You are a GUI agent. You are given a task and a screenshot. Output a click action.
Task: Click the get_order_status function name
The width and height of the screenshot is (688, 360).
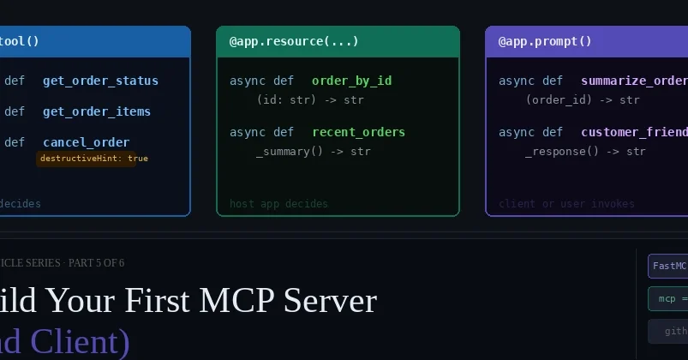(x=100, y=81)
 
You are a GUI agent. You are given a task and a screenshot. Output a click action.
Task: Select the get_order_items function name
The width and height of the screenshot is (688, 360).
(x=96, y=111)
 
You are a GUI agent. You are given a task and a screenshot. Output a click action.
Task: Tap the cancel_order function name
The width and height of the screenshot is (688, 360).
(x=86, y=142)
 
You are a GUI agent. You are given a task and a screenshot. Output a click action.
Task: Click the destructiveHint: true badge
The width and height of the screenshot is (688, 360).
(x=93, y=159)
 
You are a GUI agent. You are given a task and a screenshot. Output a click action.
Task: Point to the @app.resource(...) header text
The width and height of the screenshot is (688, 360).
(x=294, y=41)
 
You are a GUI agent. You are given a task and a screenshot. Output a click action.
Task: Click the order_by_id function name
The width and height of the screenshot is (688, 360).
(x=351, y=81)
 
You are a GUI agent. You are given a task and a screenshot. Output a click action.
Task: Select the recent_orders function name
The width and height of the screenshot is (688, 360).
(x=358, y=132)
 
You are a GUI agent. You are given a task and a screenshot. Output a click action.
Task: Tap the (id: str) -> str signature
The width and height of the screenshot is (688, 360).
(x=310, y=99)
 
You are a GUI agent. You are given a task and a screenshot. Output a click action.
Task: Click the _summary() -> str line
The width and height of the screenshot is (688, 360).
(x=313, y=151)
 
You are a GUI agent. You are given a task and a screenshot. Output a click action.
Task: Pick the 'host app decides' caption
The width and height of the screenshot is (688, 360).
(x=278, y=204)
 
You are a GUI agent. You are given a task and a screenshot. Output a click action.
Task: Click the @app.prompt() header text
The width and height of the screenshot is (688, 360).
(x=545, y=41)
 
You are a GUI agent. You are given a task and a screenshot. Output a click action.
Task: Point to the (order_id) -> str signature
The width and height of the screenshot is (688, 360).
(x=583, y=99)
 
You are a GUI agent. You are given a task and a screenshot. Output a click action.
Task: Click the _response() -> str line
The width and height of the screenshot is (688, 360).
(x=585, y=151)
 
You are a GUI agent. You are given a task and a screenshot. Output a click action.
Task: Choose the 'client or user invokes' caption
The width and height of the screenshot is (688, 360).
(x=566, y=204)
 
